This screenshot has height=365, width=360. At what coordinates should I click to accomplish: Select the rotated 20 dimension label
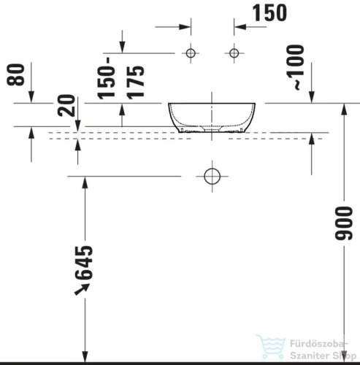(66, 107)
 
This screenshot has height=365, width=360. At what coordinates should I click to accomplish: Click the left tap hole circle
(191, 53)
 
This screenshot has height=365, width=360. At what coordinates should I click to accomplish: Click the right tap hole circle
(234, 53)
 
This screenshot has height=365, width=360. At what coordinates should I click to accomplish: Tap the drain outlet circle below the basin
(212, 176)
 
